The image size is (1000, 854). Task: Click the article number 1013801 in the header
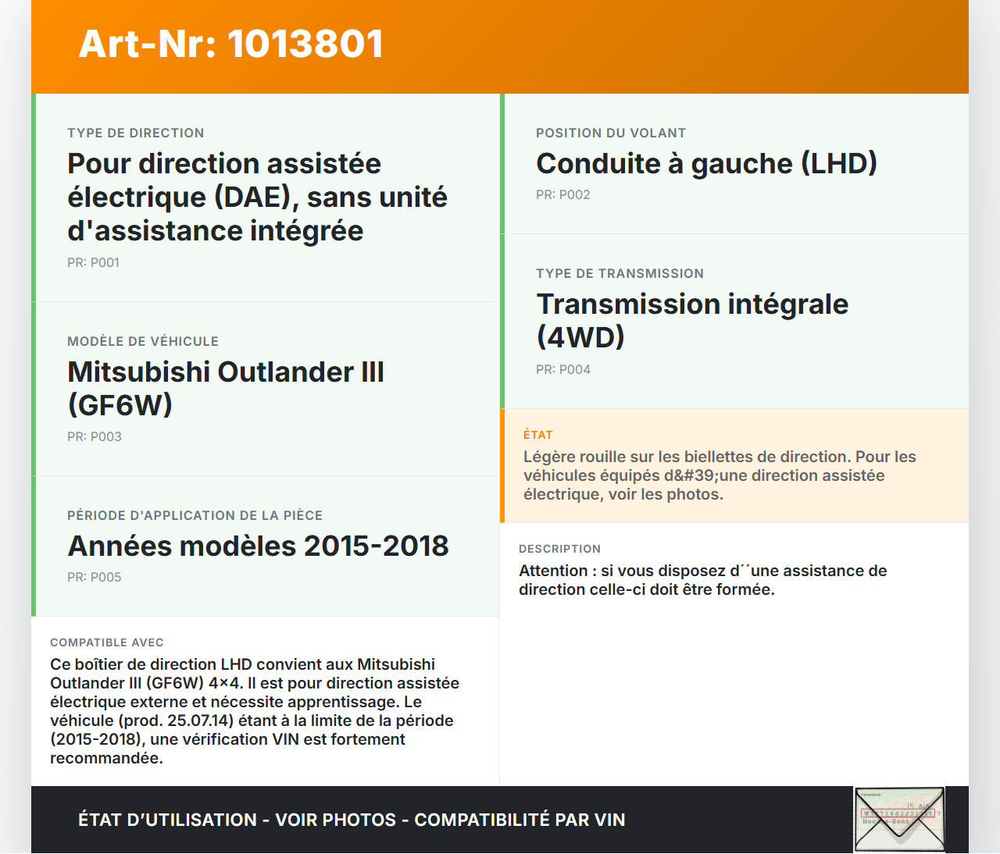pyautogui.click(x=305, y=44)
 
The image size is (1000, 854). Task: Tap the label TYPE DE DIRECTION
pyautogui.click(x=136, y=133)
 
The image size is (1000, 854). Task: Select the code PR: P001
pyautogui.click(x=93, y=263)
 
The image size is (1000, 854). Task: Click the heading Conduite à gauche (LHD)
pyautogui.click(x=706, y=164)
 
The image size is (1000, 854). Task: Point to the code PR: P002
pyautogui.click(x=562, y=195)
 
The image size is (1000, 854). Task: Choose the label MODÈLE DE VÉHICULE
pyautogui.click(x=143, y=342)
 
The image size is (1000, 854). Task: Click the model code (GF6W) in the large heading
pyautogui.click(x=120, y=405)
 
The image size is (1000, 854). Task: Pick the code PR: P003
pyautogui.click(x=94, y=437)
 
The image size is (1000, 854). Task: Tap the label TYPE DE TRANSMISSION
pyautogui.click(x=620, y=274)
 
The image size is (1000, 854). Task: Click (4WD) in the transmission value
pyautogui.click(x=580, y=337)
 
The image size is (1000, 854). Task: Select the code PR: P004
pyautogui.click(x=562, y=370)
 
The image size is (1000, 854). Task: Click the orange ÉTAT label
pyautogui.click(x=537, y=435)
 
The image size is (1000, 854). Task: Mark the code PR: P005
pyautogui.click(x=94, y=578)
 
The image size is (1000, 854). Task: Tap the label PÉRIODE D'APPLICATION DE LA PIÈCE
pyautogui.click(x=195, y=516)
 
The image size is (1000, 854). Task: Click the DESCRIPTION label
pyautogui.click(x=559, y=550)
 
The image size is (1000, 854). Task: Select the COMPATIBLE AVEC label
pyautogui.click(x=107, y=643)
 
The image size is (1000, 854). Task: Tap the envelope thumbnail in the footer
pyautogui.click(x=899, y=819)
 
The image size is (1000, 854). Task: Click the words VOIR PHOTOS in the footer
pyautogui.click(x=336, y=820)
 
